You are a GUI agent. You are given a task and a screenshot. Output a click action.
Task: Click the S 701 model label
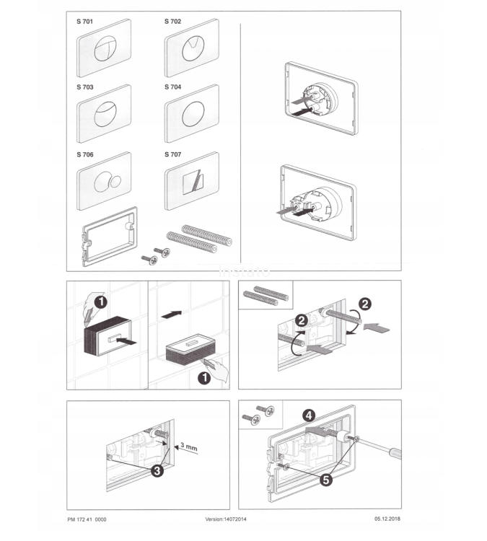pyautogui.click(x=85, y=22)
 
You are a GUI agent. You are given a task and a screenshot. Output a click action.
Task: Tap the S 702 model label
pyautogui.click(x=172, y=22)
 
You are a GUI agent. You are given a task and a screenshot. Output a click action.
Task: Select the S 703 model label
pyautogui.click(x=85, y=87)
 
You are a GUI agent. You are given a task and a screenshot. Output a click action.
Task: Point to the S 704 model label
pyautogui.click(x=172, y=87)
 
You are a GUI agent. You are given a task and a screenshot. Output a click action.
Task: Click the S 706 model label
pyautogui.click(x=85, y=154)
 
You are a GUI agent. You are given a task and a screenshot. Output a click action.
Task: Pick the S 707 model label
pyautogui.click(x=172, y=154)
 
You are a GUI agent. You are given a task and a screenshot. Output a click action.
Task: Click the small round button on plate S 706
pyautogui.click(x=115, y=181)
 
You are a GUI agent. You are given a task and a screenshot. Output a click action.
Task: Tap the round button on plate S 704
pyautogui.click(x=193, y=114)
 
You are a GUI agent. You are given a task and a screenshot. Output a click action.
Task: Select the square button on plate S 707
pyautogui.click(x=193, y=181)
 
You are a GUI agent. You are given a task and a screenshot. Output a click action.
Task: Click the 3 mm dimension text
pyautogui.click(x=189, y=447)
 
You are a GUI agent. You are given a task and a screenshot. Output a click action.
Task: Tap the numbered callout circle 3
pyautogui.click(x=157, y=470)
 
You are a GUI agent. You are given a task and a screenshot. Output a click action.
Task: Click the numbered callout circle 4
pyautogui.click(x=309, y=415)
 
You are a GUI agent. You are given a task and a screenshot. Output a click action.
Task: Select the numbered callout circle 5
pyautogui.click(x=326, y=480)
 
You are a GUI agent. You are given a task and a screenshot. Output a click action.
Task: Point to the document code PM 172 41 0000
pyautogui.click(x=87, y=519)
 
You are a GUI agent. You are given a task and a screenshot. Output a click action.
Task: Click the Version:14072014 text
pyautogui.click(x=226, y=519)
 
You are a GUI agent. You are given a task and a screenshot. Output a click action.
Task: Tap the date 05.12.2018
pyautogui.click(x=387, y=519)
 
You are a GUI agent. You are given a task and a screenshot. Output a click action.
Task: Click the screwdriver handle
pyautogui.click(x=395, y=453)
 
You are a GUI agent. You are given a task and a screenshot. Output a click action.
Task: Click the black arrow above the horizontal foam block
pyautogui.click(x=172, y=315)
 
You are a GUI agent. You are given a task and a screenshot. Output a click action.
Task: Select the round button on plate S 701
pyautogui.click(x=105, y=48)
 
